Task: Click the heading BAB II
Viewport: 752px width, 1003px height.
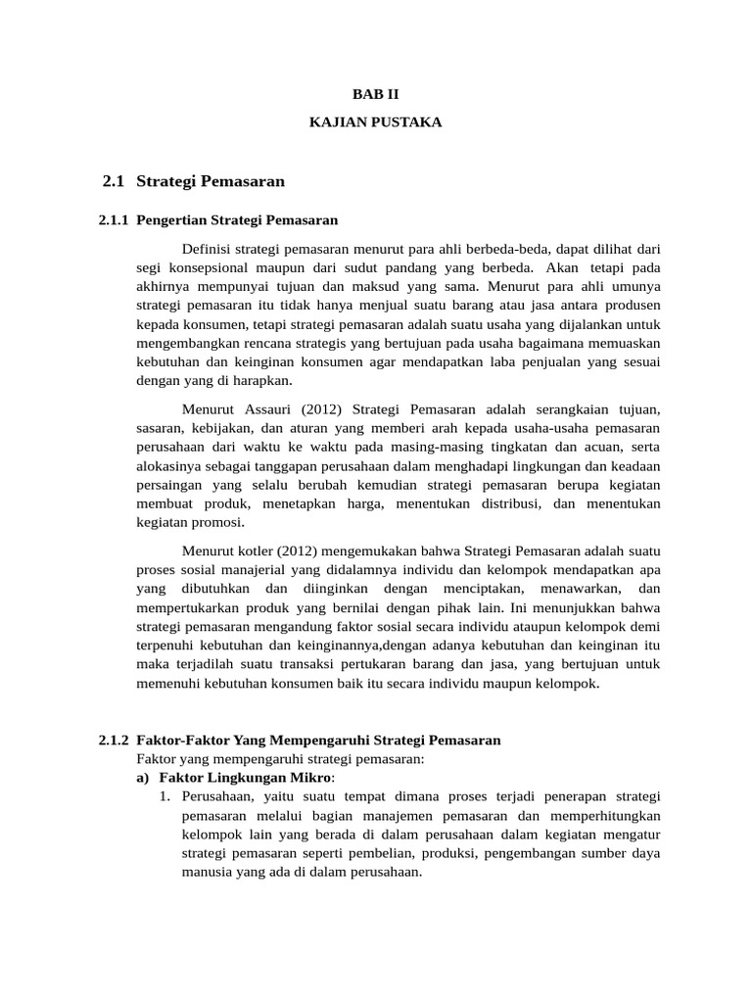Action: point(376,94)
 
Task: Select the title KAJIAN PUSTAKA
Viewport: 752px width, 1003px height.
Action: point(376,122)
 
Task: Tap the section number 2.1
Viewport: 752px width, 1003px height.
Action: point(115,181)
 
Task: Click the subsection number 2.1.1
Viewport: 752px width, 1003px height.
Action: point(115,221)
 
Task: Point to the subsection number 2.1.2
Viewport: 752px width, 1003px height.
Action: point(115,740)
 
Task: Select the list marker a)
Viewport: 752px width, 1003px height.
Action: point(143,778)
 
